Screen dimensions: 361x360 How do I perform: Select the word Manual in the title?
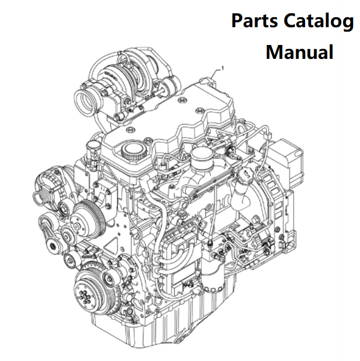coord(300,52)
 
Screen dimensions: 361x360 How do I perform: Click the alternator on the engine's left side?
coord(49,189)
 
